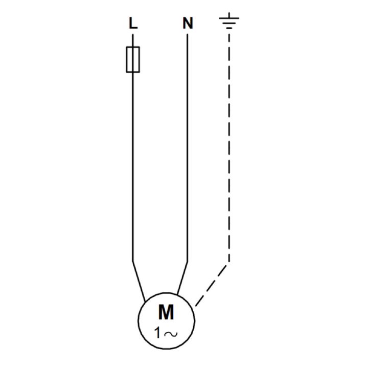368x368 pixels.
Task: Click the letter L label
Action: (x=133, y=23)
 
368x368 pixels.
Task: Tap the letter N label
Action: (x=188, y=23)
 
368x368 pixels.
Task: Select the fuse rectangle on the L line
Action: (x=133, y=59)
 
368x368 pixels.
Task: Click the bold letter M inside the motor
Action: (x=166, y=312)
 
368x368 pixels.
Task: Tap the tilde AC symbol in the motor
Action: (x=171, y=334)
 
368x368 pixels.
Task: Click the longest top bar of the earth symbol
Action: (x=229, y=18)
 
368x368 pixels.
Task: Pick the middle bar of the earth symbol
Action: (x=229, y=23)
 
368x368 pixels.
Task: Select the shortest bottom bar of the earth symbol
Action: (x=229, y=28)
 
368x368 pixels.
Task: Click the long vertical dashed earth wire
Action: (x=229, y=148)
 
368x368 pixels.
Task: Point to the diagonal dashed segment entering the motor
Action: (x=211, y=286)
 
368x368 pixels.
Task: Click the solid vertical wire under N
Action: (x=187, y=148)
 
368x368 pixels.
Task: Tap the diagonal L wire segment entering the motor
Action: (x=139, y=282)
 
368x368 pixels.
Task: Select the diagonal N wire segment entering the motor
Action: (x=182, y=278)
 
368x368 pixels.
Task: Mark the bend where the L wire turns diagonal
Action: (x=133, y=261)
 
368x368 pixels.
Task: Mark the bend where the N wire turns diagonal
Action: (x=187, y=262)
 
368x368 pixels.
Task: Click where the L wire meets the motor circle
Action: (x=145, y=302)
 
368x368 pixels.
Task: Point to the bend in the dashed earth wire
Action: (x=229, y=262)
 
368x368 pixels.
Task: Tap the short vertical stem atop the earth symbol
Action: (x=229, y=15)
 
